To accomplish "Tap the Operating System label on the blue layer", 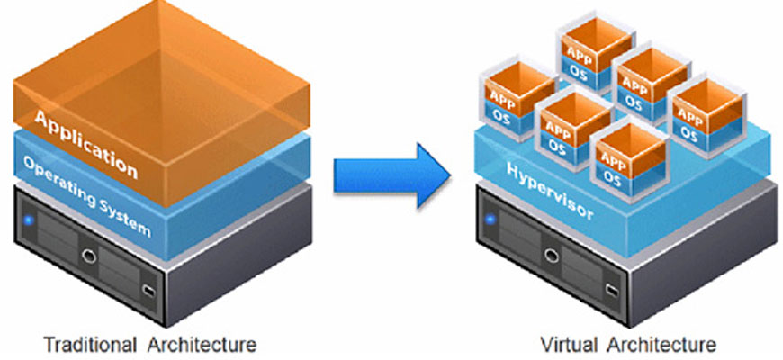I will tap(86, 197).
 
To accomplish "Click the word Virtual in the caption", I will tap(565, 344).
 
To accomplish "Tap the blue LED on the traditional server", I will tap(28, 218).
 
